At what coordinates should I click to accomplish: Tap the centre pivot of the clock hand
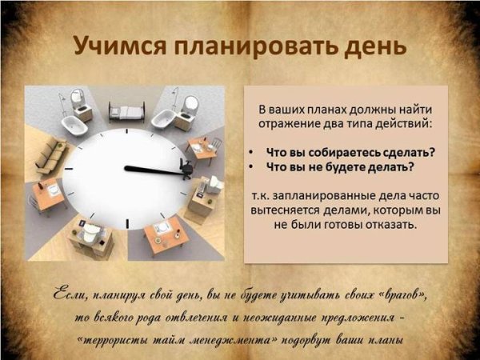pyautogui.click(x=126, y=168)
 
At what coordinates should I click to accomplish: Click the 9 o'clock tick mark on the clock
pyautogui.click(x=68, y=169)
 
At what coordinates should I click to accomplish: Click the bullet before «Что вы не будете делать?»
pyautogui.click(x=251, y=167)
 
